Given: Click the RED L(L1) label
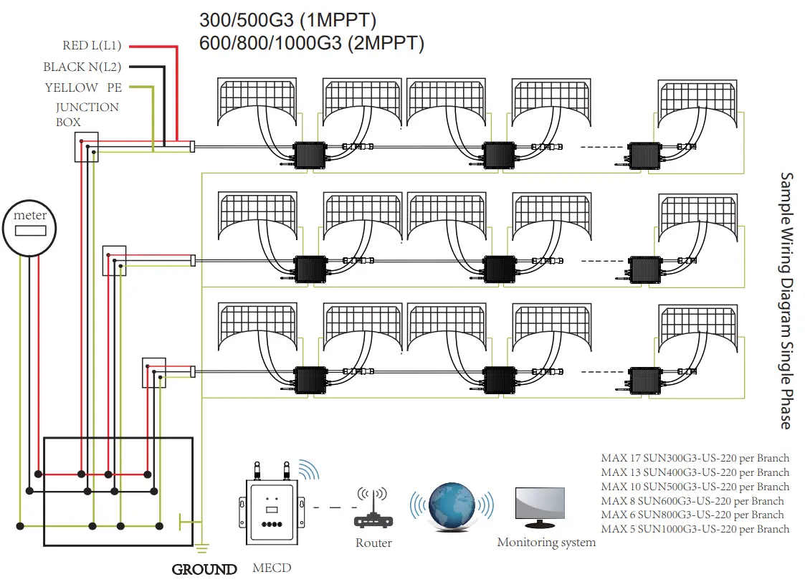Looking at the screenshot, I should (x=92, y=46).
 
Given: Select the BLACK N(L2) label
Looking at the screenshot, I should (x=82, y=67).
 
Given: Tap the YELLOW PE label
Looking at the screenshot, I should (x=83, y=88).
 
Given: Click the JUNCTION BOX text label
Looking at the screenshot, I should (x=87, y=115).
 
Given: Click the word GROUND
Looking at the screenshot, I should (x=204, y=570).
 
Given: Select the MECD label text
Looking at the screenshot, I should (x=272, y=568).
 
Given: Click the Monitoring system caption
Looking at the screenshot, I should (x=546, y=543).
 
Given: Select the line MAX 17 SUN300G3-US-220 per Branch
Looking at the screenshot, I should (x=695, y=458).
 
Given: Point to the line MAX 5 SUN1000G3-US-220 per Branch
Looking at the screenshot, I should (x=695, y=529).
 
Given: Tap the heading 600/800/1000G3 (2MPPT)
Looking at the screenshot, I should (x=312, y=43).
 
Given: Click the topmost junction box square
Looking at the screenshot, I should (x=86, y=148).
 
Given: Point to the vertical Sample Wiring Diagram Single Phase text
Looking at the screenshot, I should (x=786, y=301).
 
